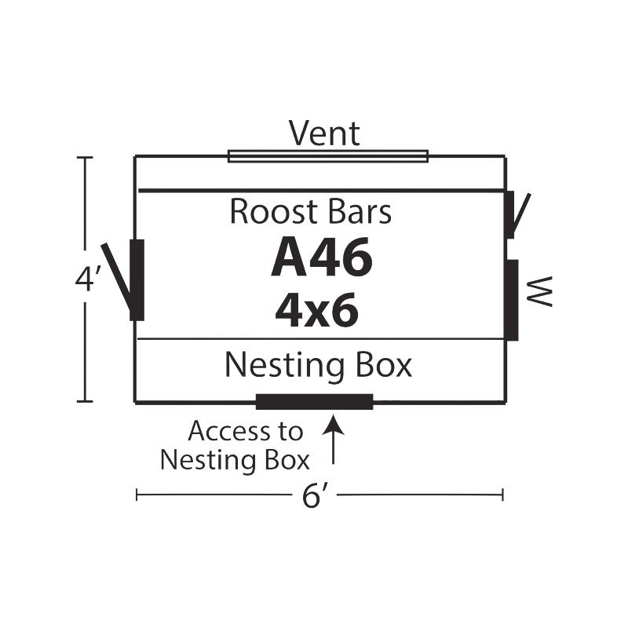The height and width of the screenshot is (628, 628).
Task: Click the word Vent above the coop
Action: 324,133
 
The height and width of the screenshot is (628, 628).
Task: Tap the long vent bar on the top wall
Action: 328,156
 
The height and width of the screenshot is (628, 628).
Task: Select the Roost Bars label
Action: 311,212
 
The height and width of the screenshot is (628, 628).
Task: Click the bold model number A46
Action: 321,259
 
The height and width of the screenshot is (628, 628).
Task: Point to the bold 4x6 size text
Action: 317,310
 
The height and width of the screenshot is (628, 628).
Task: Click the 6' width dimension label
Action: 315,495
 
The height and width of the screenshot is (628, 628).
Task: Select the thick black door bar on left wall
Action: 137,280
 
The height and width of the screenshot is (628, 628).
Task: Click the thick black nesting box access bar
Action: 315,403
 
